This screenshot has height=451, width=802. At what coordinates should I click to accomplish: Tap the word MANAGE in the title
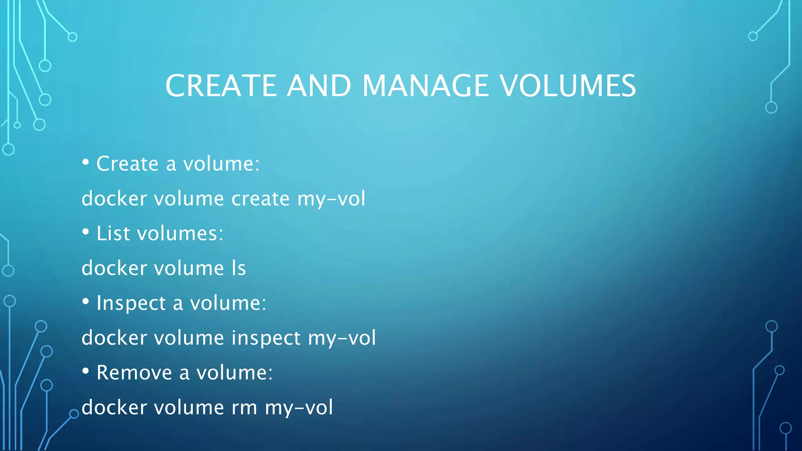(x=426, y=86)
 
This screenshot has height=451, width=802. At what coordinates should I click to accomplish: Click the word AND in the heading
(x=319, y=86)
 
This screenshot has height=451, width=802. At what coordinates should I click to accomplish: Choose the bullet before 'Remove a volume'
(x=86, y=371)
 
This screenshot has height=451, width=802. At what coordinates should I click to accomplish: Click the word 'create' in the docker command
(x=260, y=199)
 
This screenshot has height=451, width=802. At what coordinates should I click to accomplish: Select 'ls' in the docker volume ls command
(x=238, y=268)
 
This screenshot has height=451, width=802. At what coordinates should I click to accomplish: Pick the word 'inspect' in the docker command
(x=266, y=338)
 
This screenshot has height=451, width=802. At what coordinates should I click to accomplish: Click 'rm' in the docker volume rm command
(x=244, y=408)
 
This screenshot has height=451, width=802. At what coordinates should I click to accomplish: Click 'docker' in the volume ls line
(x=114, y=268)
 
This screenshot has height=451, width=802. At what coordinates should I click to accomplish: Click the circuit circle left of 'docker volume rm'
(x=74, y=414)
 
